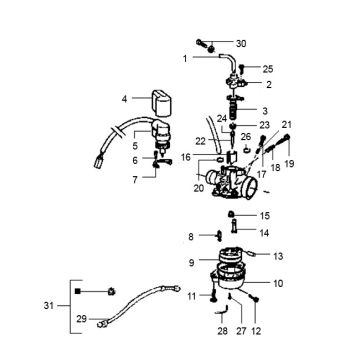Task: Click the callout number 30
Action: click(x=240, y=44)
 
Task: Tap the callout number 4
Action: click(x=125, y=99)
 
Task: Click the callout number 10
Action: click(x=277, y=283)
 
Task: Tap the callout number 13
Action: click(x=278, y=255)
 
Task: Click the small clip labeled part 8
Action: click(x=214, y=237)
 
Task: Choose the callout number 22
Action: click(x=200, y=140)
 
